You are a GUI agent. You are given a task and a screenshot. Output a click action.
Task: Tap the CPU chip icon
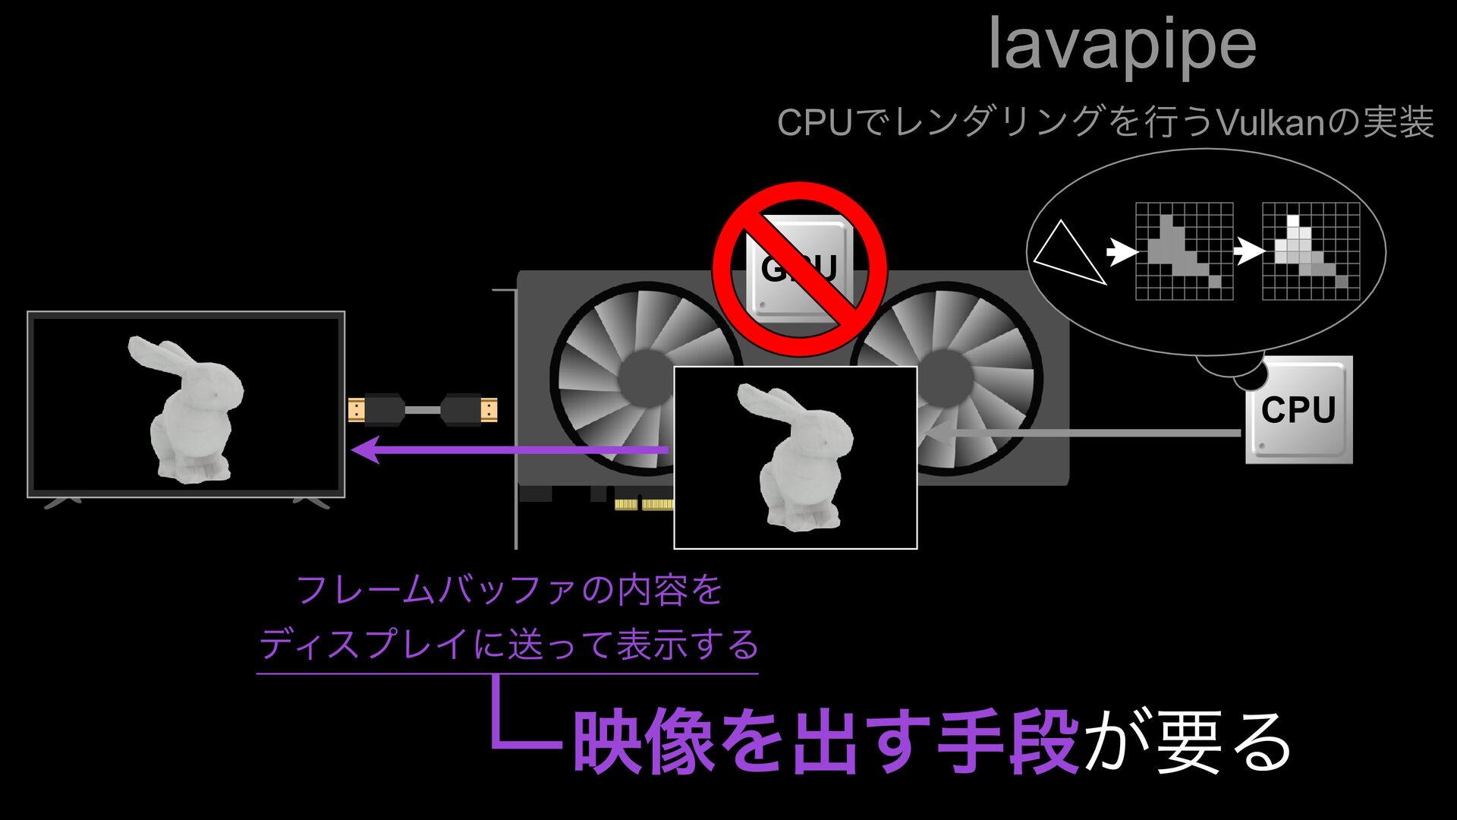pos(1298,410)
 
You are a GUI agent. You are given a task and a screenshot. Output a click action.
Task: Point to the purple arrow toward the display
pos(508,449)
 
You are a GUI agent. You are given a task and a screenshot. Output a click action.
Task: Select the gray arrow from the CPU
pos(1085,434)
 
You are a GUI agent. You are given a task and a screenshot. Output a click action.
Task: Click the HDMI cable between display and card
pos(423,410)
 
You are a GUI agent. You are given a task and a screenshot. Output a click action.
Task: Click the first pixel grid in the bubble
pos(1184,251)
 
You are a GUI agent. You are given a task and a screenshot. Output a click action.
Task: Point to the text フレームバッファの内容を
pos(508,590)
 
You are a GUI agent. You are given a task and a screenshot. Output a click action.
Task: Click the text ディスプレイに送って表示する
pos(508,645)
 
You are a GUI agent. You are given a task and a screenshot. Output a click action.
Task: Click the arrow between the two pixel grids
pos(1248,251)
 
